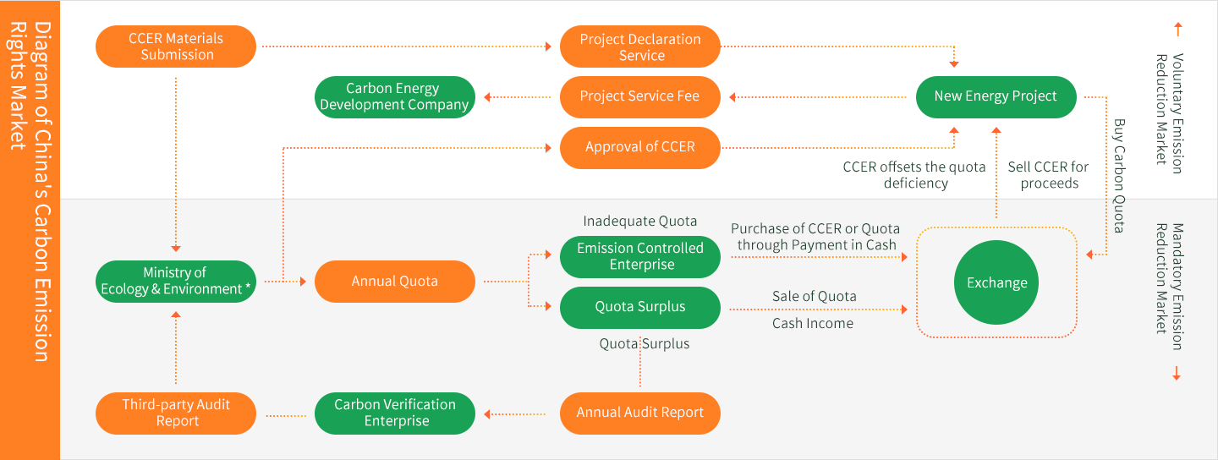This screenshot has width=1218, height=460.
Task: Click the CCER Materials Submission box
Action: point(176,47)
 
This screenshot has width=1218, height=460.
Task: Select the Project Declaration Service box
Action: point(640,47)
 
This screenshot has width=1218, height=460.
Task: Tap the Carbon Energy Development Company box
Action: point(394,96)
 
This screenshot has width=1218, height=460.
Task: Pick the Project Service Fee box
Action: point(640,96)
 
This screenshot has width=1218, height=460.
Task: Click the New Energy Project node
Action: point(996,96)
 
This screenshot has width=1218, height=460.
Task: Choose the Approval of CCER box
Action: point(640,147)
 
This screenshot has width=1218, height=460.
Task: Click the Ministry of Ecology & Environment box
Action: point(176,281)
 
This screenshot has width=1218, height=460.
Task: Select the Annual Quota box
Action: point(394,281)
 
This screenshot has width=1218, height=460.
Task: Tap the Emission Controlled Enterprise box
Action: point(640,256)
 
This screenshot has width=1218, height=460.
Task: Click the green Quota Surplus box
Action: point(640,307)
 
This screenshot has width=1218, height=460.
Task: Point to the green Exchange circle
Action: point(996,283)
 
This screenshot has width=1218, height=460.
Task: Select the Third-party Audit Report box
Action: point(176,413)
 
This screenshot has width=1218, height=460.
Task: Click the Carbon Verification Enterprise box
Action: point(394,413)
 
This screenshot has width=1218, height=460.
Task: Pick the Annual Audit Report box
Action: point(640,413)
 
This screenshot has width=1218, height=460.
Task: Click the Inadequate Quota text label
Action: point(640,222)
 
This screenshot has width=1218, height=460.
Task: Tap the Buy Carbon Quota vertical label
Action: point(1119,176)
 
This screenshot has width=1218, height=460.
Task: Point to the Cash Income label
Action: point(813,323)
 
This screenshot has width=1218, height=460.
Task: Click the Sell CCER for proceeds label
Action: point(1049,175)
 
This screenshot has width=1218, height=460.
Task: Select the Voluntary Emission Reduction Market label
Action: point(1170,114)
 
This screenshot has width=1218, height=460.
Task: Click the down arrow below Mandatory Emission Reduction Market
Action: point(1177,374)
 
